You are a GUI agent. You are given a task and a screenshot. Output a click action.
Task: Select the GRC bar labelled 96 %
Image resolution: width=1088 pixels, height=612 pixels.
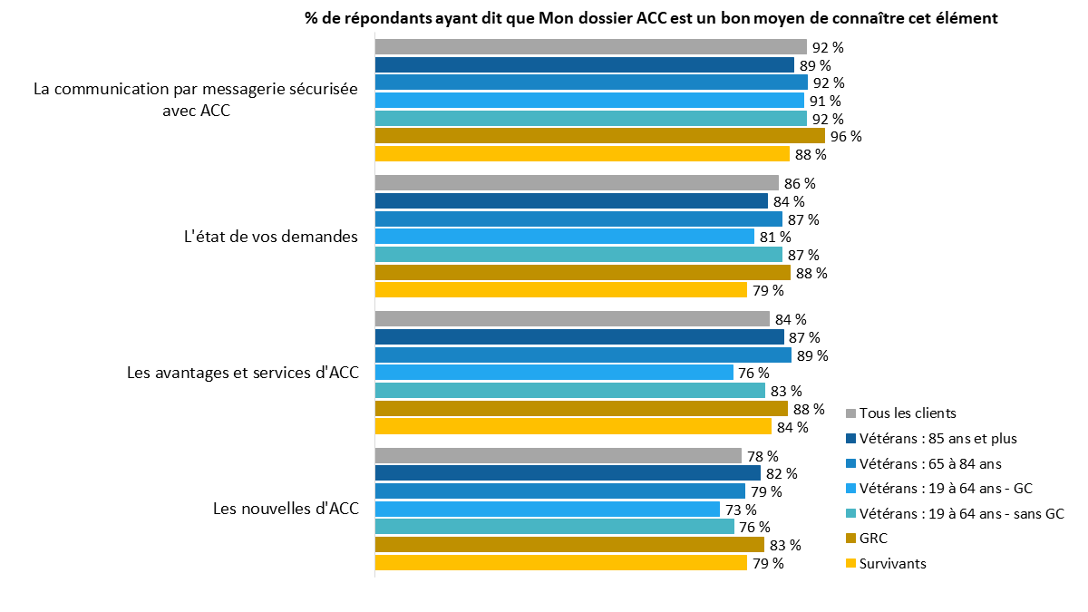click(599, 136)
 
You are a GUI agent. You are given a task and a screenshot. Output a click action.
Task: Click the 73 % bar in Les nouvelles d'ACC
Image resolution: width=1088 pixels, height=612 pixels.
click(547, 509)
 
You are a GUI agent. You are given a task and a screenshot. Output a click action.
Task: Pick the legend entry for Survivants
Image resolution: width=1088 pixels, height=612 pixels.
click(892, 563)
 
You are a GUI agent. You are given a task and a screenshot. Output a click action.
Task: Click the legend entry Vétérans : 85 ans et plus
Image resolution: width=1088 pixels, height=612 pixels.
click(937, 438)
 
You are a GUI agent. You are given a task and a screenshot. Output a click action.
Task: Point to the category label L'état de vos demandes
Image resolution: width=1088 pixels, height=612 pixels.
click(270, 237)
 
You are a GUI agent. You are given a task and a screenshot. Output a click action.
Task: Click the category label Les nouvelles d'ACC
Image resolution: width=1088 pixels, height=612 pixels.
click(286, 509)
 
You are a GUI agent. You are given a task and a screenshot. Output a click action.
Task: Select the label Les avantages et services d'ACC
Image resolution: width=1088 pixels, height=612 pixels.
click(243, 373)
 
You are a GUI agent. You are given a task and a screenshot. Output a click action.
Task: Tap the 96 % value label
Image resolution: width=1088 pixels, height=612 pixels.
click(846, 137)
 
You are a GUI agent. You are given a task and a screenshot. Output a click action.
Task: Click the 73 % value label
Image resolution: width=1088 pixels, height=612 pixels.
click(741, 510)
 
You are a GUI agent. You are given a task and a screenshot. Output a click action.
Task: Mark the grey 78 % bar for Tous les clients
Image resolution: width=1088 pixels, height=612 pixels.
click(558, 455)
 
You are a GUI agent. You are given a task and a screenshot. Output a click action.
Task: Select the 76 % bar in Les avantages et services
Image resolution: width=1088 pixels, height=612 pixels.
click(554, 373)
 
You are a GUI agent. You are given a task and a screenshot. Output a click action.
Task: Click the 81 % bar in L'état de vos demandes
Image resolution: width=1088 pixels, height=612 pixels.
click(564, 237)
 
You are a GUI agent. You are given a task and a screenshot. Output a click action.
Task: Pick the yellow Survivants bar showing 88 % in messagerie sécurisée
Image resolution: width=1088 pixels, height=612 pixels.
click(582, 154)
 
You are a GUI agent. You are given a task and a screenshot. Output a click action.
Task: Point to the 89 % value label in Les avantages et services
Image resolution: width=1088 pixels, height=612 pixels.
click(812, 355)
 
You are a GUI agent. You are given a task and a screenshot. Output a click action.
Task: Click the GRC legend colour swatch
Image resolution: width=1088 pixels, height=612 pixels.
click(850, 539)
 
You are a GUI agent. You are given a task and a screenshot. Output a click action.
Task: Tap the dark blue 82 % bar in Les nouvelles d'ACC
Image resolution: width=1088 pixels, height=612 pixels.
click(567, 473)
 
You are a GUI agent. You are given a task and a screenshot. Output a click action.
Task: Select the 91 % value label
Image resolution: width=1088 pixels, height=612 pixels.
click(825, 102)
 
